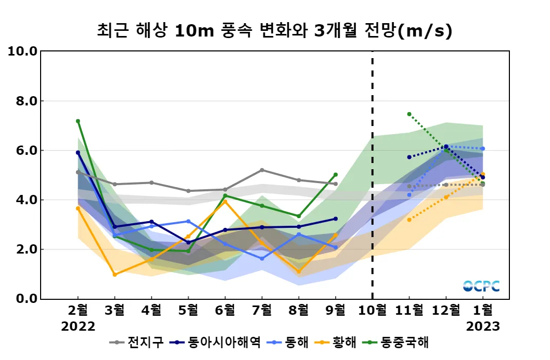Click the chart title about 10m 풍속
274,31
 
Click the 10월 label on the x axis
372,311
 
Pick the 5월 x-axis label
188,311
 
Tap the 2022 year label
78,327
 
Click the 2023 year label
483,327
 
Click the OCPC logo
481,286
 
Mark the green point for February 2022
78,121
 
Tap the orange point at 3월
115,275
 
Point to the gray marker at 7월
262,170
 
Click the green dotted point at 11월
409,114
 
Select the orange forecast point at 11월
409,220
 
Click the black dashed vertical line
372,175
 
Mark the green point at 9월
336,174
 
